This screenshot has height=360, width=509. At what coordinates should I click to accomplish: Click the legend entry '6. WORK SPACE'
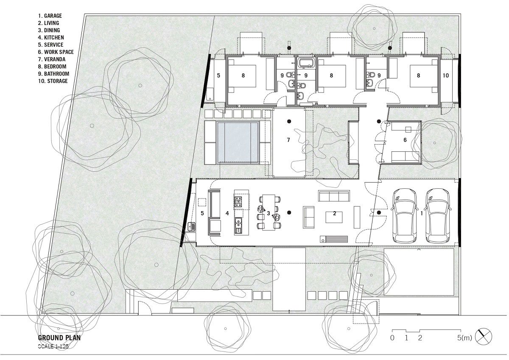(x=56, y=52)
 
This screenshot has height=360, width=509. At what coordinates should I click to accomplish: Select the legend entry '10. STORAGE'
(x=53, y=81)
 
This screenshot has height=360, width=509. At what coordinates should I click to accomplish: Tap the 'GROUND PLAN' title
(x=59, y=338)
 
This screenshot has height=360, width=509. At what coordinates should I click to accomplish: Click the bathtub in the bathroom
(x=306, y=62)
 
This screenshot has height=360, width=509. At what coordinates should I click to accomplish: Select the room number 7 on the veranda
(x=288, y=140)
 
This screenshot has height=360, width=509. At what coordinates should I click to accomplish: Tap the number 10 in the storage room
(x=446, y=75)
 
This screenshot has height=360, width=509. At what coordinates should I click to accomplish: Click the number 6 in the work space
(x=405, y=140)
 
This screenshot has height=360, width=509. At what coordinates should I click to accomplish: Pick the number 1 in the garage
(x=422, y=214)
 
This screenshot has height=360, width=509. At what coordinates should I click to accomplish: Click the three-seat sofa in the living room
(x=334, y=196)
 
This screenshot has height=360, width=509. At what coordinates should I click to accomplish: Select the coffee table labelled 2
(x=334, y=217)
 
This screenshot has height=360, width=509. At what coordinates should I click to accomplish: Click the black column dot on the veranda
(x=289, y=121)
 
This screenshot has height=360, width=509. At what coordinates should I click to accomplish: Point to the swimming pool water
(x=238, y=142)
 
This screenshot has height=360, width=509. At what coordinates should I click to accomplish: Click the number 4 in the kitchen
(x=227, y=213)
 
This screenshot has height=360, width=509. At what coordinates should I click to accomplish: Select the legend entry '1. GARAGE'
(x=50, y=16)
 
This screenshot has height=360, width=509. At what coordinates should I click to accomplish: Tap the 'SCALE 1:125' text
(x=53, y=346)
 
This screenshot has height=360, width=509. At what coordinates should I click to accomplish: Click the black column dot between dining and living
(x=289, y=212)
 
